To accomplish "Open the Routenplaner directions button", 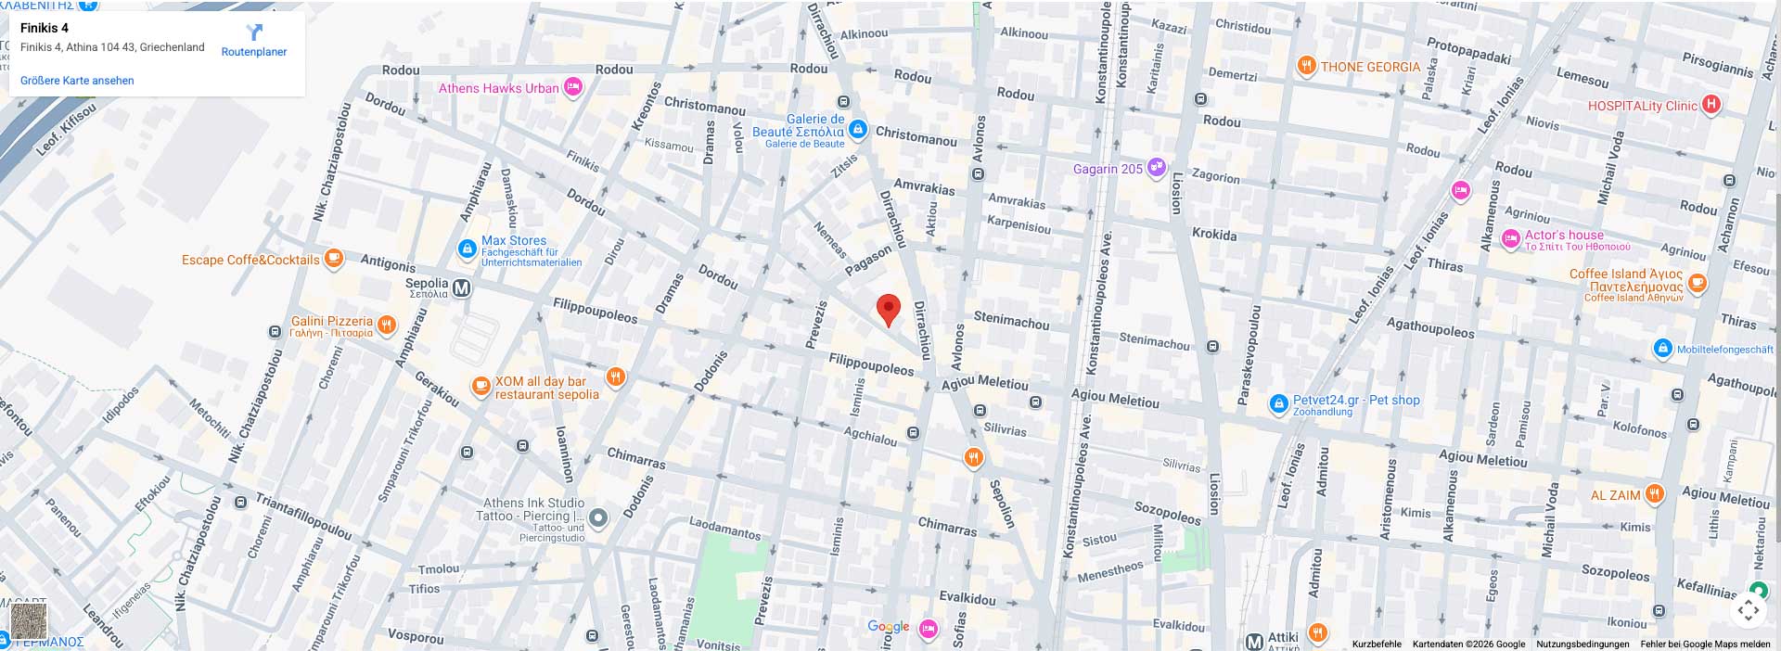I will pos(254,41).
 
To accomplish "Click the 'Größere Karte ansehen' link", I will pos(77,81).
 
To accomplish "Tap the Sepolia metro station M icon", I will pos(462,288).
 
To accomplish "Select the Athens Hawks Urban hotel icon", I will pos(573,88).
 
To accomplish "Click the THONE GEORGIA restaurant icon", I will pos(1306,66).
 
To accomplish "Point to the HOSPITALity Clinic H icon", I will pos(1711,105).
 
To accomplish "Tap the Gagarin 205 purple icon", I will pos(1157,168).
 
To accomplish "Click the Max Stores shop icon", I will pos(468,249).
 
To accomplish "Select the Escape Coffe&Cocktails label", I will pos(250,260).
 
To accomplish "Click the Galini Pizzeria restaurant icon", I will pos(387,325).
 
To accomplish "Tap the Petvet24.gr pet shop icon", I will pos(1279,403).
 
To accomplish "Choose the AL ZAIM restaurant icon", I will pos(1655,494).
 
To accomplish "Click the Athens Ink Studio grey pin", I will pos(599,518).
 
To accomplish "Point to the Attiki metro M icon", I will pos(1254,641).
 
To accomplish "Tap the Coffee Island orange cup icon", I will pos(1698,283).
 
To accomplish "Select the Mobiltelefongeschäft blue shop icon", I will pos(1663,349).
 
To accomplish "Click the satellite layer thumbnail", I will pos(28,620).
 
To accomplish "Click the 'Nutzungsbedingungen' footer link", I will pos(1582,644).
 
